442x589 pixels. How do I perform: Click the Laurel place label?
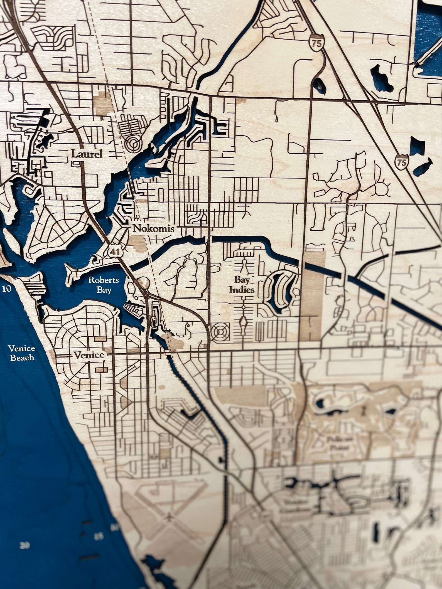click(x=87, y=154)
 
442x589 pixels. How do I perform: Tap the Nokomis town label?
click(x=154, y=229)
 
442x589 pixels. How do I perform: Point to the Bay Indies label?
click(x=242, y=285)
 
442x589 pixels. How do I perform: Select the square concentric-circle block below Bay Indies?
click(x=220, y=332)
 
